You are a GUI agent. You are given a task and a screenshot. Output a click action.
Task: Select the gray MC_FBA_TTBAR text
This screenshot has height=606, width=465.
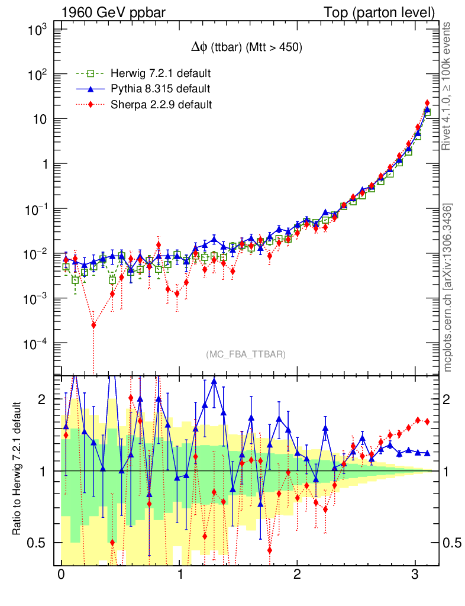[x=246, y=354]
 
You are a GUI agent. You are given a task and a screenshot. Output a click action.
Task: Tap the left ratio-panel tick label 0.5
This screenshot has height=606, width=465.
[x=37, y=543]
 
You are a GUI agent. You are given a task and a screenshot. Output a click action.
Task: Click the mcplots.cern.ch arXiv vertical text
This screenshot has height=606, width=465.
[x=448, y=288]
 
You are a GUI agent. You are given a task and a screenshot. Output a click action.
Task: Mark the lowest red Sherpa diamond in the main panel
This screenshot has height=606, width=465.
[x=93, y=325]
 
